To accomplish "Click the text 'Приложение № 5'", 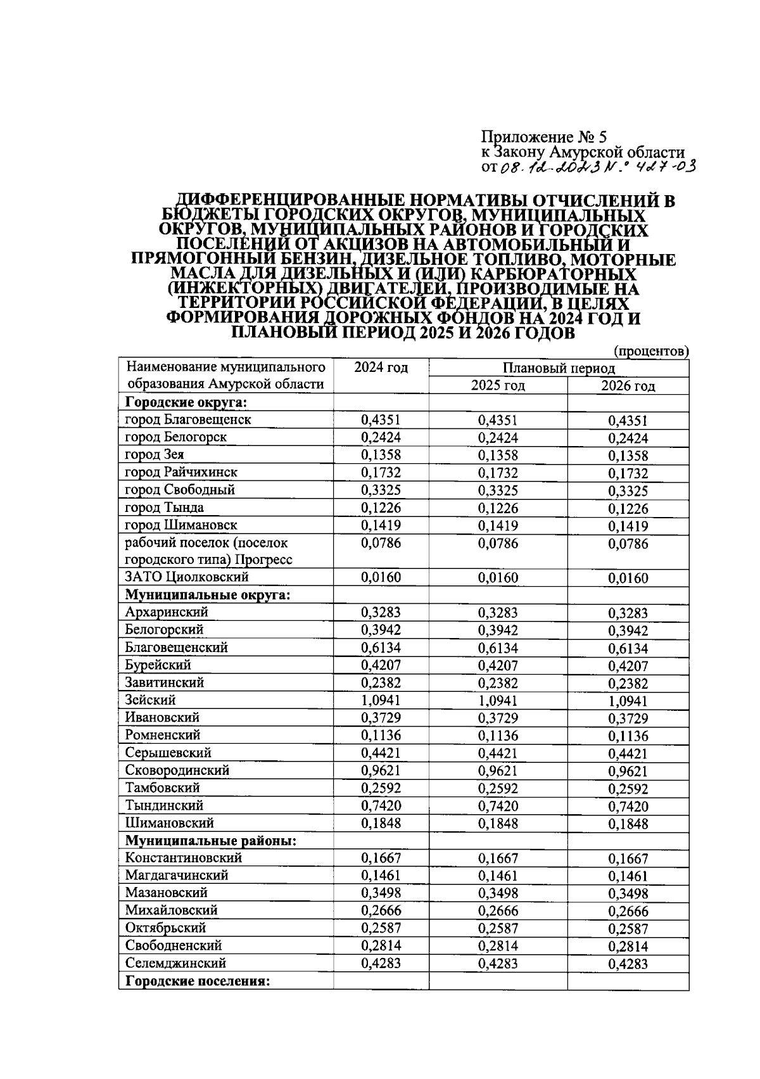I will click(x=543, y=137).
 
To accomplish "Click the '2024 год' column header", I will click(x=381, y=367).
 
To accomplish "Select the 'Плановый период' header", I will click(x=559, y=368).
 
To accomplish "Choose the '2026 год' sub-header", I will click(x=628, y=386).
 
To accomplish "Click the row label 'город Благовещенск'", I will click(x=188, y=419).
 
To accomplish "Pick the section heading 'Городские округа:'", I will click(x=186, y=402).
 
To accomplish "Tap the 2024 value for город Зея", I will click(x=381, y=455).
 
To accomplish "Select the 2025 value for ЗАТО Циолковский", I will click(x=498, y=577).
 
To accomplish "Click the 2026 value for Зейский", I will click(x=628, y=701).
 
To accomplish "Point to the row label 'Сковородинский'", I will click(x=177, y=770).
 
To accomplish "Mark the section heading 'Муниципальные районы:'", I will click(x=212, y=841).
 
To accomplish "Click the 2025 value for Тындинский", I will click(x=498, y=806).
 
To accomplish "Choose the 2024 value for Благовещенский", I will click(x=381, y=648).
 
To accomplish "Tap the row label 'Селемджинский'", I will click(x=175, y=963).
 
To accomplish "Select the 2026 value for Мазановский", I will click(x=628, y=894).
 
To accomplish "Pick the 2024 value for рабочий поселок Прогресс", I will click(x=381, y=543).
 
